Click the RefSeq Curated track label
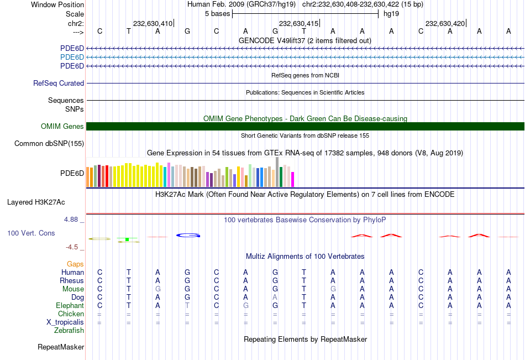click(x=59, y=83)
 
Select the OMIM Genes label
click(x=62, y=126)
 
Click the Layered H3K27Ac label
click(x=36, y=202)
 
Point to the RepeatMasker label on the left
click(x=61, y=347)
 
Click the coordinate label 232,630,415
click(x=298, y=23)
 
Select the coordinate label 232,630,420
click(x=445, y=23)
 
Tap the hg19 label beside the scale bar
click(x=391, y=13)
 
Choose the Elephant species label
click(x=70, y=305)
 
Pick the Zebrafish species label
click(x=69, y=331)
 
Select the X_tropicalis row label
click(x=65, y=322)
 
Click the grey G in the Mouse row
click(x=158, y=289)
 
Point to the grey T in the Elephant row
click(x=187, y=305)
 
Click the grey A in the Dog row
click(x=275, y=297)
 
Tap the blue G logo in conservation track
click(x=188, y=235)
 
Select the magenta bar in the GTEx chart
click(x=292, y=179)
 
